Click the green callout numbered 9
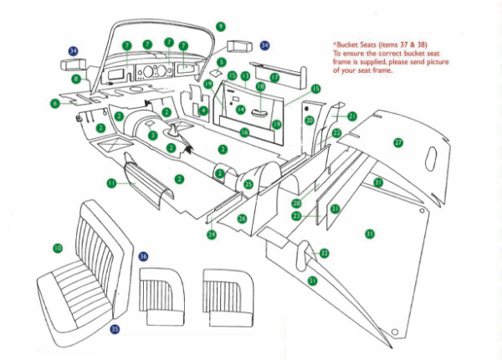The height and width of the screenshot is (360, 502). [221, 27]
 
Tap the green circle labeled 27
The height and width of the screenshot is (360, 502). [398, 142]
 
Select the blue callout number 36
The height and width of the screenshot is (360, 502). [143, 256]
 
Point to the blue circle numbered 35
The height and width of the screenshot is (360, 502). [115, 330]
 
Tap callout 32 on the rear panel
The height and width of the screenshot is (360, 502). [324, 252]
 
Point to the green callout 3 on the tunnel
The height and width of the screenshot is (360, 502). [151, 135]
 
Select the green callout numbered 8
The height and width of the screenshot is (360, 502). [76, 80]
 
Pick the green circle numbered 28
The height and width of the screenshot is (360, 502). [296, 203]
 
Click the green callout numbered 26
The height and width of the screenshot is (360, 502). [242, 219]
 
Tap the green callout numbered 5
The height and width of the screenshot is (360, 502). [221, 62]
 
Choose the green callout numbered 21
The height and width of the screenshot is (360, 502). [351, 116]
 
